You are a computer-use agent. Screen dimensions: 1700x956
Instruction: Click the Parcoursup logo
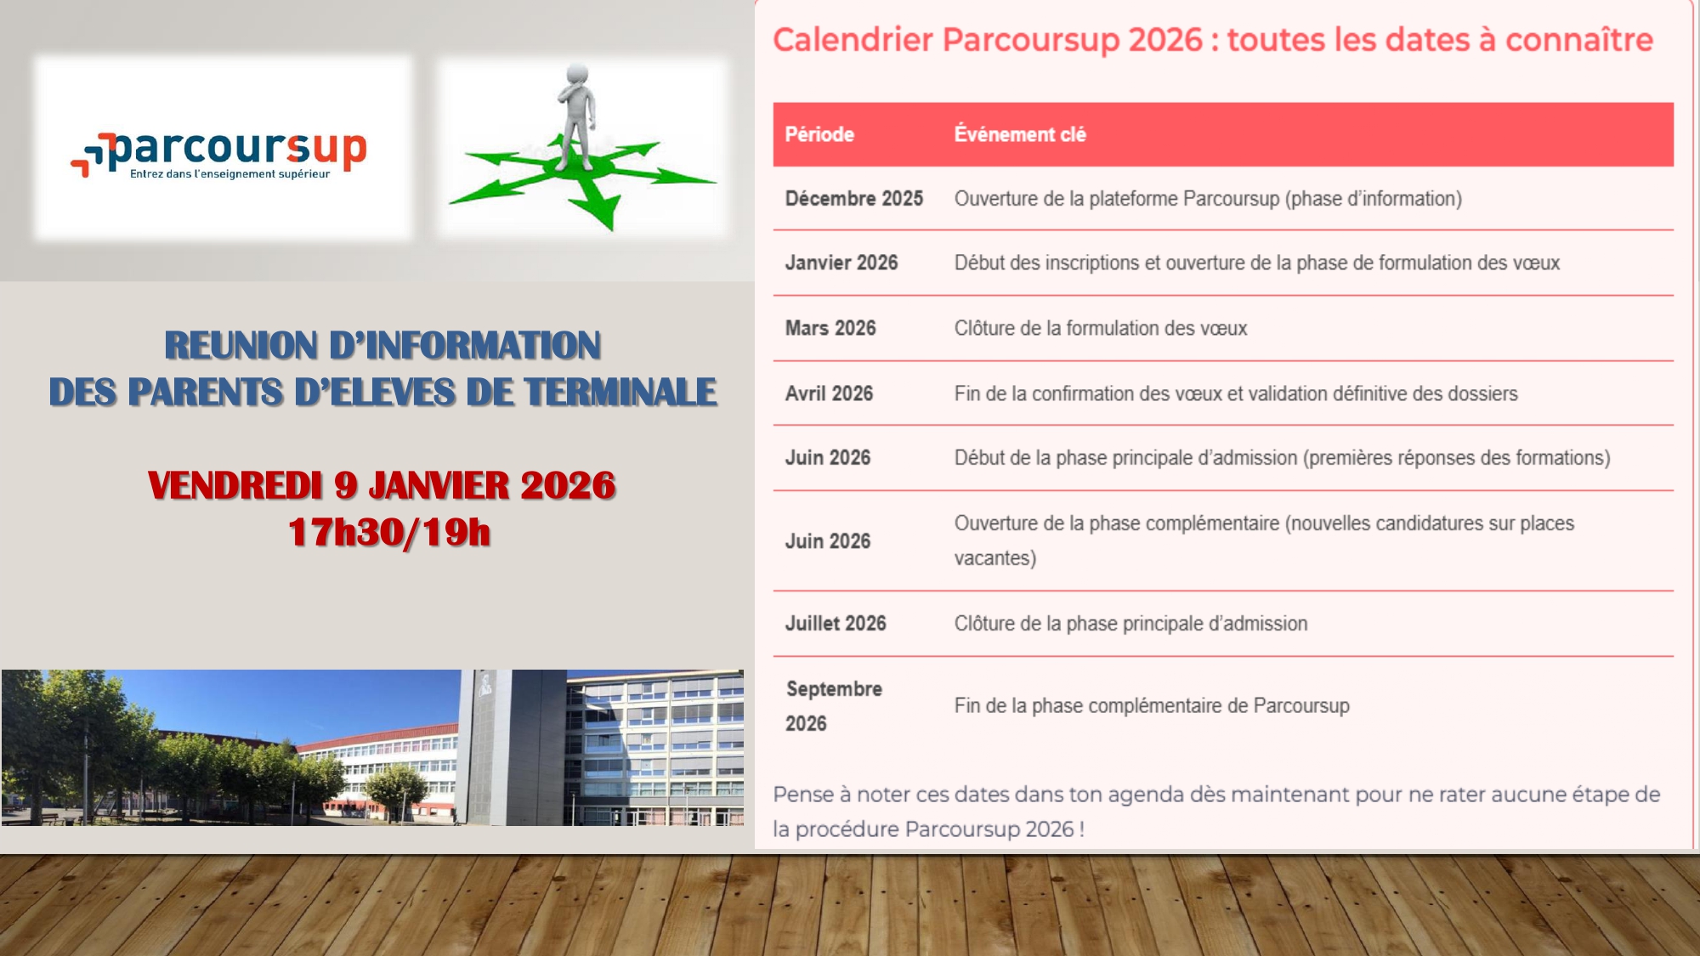coord(218,154)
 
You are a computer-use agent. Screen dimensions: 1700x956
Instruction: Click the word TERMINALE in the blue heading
coord(620,393)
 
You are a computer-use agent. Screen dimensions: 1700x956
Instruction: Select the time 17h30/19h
coord(389,533)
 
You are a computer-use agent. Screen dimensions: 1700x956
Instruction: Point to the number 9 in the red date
coord(346,485)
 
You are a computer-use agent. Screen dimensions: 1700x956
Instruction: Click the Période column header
coord(819,134)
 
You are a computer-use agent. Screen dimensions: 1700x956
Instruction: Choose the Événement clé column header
coord(1020,134)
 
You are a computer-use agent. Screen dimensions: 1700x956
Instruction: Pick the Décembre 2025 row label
coord(854,199)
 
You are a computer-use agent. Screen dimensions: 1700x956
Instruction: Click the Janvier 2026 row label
coord(841,263)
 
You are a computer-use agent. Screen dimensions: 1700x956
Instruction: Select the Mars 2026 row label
coord(830,328)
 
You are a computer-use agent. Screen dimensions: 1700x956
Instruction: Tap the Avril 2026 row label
coord(829,393)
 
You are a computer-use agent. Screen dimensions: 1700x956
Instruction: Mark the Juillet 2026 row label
coord(836,624)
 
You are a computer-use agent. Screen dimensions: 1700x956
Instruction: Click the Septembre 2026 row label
coord(834,706)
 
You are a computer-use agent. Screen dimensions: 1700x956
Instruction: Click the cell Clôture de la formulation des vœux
coord(1101,329)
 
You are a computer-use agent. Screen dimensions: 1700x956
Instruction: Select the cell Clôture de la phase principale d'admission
coord(1130,624)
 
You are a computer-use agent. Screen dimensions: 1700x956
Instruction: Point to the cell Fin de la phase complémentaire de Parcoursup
coord(1152,706)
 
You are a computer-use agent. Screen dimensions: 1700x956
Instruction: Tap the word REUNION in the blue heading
coord(241,346)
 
